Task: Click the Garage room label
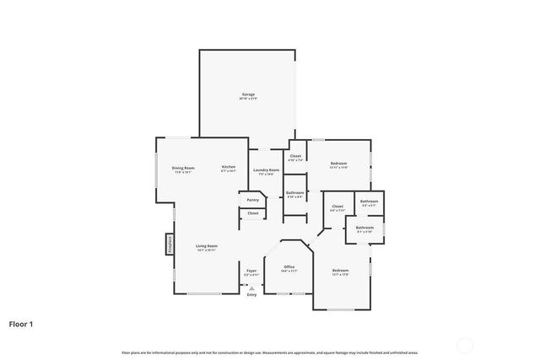tap(247, 94)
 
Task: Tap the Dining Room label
tap(183, 168)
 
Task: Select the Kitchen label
tap(229, 168)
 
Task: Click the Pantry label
tap(252, 200)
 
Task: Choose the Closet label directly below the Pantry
tap(252, 213)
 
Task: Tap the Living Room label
tap(207, 246)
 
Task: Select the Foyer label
tap(251, 271)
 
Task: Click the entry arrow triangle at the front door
tap(251, 287)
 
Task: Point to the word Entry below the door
tap(251, 295)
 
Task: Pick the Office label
tap(289, 266)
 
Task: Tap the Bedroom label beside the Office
tap(340, 270)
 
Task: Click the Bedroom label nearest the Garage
tap(337, 164)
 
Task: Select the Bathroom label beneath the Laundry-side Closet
tap(294, 193)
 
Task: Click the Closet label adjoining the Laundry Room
tap(295, 156)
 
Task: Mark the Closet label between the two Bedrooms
tap(337, 207)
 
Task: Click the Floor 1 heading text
tap(22, 323)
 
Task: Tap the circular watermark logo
tap(463, 344)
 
